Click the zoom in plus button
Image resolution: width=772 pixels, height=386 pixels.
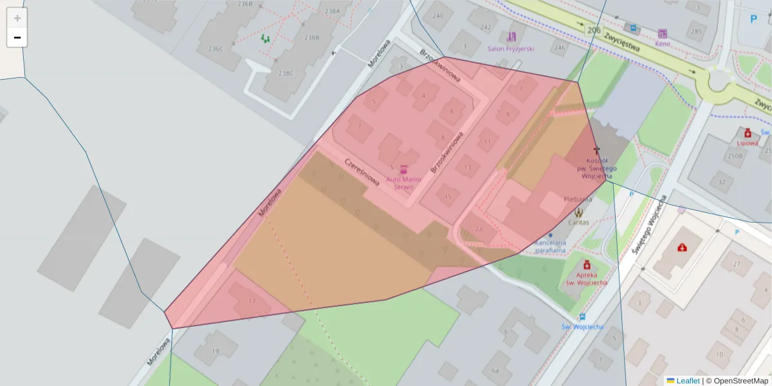pyautogui.click(x=17, y=18)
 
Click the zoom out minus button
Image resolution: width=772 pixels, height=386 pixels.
pyautogui.click(x=17, y=38)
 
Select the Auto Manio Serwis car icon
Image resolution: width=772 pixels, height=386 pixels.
pyautogui.click(x=404, y=169)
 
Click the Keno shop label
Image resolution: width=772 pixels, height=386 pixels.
pyautogui.click(x=662, y=44)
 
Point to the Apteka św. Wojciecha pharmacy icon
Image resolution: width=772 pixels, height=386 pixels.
pyautogui.click(x=587, y=264)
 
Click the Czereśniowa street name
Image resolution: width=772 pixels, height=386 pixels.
pyautogui.click(x=362, y=172)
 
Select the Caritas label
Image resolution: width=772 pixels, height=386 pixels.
pyautogui.click(x=578, y=223)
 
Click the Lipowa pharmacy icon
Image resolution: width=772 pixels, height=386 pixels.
pyautogui.click(x=746, y=133)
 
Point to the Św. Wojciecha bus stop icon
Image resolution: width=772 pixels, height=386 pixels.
pyautogui.click(x=582, y=317)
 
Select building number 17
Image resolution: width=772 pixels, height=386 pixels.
pyautogui.click(x=252, y=300)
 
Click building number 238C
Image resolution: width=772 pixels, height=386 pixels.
pyautogui.click(x=285, y=73)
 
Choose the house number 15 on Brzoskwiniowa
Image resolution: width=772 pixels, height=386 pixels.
pyautogui.click(x=448, y=196)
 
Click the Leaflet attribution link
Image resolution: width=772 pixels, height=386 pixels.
pyautogui.click(x=688, y=381)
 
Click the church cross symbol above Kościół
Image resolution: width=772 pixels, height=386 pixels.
pyautogui.click(x=596, y=150)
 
